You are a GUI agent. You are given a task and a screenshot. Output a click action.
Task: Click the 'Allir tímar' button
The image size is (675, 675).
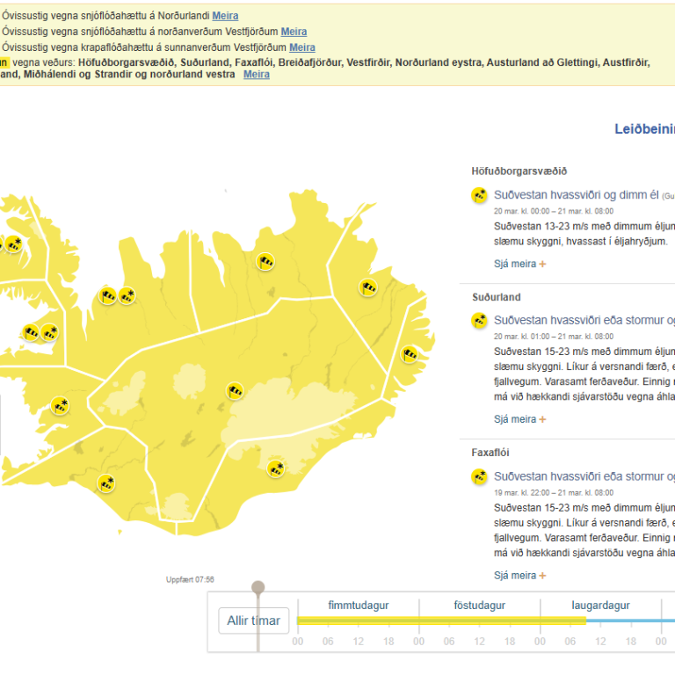pyautogui.click(x=253, y=621)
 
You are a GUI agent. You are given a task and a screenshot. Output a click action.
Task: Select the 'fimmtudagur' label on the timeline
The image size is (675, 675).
pyautogui.click(x=358, y=606)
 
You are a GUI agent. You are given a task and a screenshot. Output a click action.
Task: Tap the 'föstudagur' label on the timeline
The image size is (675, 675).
pyautogui.click(x=479, y=606)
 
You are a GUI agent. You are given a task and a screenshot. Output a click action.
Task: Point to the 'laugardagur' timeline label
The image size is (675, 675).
pyautogui.click(x=600, y=606)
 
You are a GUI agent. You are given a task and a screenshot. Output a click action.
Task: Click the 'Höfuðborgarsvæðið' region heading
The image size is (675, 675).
pyautogui.click(x=519, y=171)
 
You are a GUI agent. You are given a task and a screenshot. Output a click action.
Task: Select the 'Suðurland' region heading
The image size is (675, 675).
pyautogui.click(x=496, y=297)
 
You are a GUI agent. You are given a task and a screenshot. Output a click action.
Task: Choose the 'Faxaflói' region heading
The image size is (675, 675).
pyautogui.click(x=490, y=453)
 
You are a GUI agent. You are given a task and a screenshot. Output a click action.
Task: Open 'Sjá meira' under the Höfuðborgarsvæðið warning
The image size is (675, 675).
pyautogui.click(x=519, y=263)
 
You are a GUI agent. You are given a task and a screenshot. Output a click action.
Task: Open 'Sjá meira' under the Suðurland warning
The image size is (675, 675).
pyautogui.click(x=519, y=419)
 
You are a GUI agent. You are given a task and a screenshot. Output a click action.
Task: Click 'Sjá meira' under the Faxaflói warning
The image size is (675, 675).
pyautogui.click(x=519, y=576)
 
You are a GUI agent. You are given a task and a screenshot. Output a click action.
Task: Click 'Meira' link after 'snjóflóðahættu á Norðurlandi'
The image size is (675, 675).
pyautogui.click(x=225, y=16)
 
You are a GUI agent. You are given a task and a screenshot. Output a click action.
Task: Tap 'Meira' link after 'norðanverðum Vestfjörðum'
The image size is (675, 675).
pyautogui.click(x=294, y=32)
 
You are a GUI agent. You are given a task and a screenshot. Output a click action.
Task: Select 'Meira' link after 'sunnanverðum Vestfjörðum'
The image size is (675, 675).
pyautogui.click(x=302, y=47)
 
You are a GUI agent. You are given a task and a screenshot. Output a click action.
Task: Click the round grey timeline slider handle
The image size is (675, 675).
pyautogui.click(x=258, y=587)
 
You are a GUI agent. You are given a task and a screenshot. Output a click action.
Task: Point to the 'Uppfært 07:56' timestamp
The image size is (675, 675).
pyautogui.click(x=190, y=579)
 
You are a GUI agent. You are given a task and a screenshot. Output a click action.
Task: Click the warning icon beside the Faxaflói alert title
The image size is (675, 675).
pyautogui.click(x=479, y=477)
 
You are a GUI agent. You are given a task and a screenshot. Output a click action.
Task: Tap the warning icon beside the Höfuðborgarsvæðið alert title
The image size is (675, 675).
pyautogui.click(x=479, y=195)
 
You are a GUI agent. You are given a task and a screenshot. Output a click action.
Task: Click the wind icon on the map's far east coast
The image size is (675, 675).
pyautogui.click(x=410, y=354)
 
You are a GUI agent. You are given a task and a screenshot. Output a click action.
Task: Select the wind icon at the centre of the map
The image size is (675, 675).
pyautogui.click(x=235, y=391)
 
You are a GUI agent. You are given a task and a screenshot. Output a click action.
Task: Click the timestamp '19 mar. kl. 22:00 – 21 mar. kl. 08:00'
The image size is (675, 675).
pyautogui.click(x=553, y=492)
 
